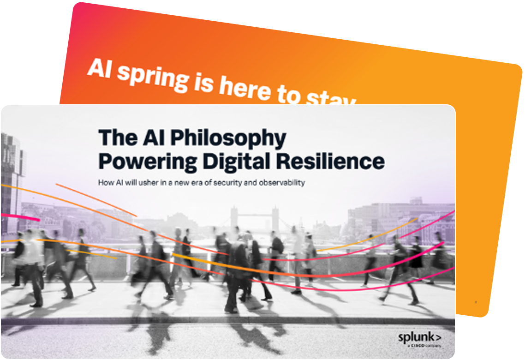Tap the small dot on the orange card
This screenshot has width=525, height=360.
[x=476, y=301]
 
